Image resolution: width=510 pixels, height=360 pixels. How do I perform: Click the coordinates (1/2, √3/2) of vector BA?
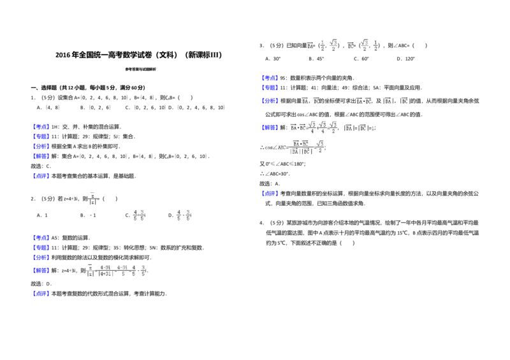[330, 46]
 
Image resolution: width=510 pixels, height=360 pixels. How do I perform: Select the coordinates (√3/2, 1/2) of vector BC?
[370, 46]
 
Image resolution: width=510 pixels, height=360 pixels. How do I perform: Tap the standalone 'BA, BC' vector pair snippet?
[310, 101]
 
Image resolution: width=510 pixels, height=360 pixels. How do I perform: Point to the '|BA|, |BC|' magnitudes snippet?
[397, 101]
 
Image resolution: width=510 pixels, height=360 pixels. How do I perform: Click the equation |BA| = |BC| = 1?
[361, 127]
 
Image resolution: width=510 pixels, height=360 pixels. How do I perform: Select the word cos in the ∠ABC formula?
[268, 148]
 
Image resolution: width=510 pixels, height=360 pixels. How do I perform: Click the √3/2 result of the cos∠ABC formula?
[320, 148]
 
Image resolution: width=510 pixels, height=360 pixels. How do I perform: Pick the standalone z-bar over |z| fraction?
[93, 199]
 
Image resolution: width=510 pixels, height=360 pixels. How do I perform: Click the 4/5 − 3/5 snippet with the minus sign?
[184, 217]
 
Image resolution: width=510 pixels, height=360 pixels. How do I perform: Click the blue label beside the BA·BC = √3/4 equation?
[270, 127]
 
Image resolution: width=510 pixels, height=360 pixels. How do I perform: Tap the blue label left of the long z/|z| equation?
[41, 271]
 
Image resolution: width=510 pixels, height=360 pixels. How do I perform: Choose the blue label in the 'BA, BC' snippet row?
[270, 101]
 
